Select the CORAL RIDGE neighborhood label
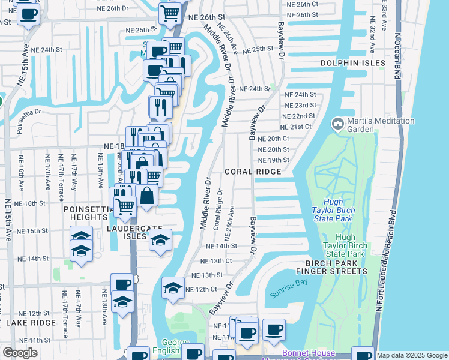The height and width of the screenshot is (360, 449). coord(253,172)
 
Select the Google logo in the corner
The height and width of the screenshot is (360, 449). coord(20,353)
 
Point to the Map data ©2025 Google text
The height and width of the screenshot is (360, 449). coord(412,355)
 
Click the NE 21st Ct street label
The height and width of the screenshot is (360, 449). coord(296,127)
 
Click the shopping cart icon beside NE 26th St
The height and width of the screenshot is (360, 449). coord(171,13)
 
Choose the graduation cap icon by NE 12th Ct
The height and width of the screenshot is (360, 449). coord(173,287)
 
